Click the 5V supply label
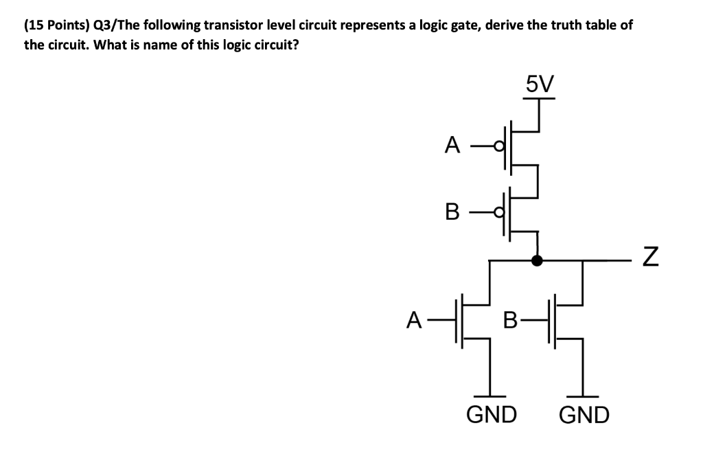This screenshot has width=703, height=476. click(x=539, y=84)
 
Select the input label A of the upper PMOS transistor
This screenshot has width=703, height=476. click(x=451, y=145)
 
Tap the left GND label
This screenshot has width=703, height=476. click(x=492, y=415)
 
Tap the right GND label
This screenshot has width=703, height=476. click(x=584, y=415)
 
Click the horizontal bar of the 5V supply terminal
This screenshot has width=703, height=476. click(x=539, y=99)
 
